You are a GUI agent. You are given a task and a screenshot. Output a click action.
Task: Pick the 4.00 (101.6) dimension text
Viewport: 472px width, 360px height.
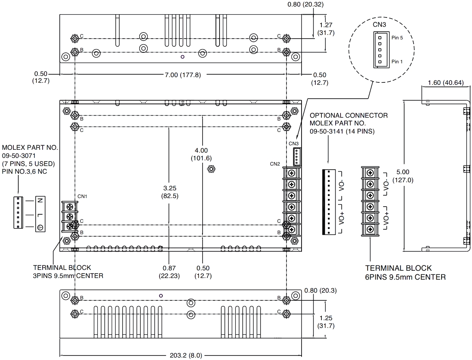[x=202, y=154]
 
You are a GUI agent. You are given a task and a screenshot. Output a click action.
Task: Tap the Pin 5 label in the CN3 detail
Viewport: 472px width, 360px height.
[x=397, y=37]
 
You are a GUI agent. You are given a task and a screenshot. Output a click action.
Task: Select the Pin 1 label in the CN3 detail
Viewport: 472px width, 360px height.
[x=397, y=61]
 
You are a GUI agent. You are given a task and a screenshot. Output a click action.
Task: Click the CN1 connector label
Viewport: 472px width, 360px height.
[x=82, y=196]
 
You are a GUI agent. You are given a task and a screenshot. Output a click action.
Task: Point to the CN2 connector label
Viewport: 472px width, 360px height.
[x=275, y=164]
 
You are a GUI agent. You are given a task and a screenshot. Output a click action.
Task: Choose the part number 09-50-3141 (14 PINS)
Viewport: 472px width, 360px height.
[x=342, y=131]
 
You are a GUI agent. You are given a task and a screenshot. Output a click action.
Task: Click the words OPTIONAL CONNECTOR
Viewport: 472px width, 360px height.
[x=349, y=116]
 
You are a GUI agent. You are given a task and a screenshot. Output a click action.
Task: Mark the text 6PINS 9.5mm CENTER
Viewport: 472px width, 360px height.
[x=405, y=277]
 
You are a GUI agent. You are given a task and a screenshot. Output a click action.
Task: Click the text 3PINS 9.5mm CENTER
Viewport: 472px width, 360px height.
[x=68, y=276]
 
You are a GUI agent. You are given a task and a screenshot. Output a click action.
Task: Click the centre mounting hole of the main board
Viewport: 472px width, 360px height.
[x=211, y=168]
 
